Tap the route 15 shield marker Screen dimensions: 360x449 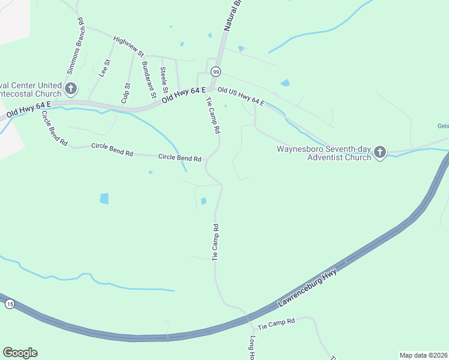[9, 305]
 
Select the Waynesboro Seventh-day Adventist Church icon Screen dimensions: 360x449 [379, 152]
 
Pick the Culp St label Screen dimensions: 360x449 [125, 93]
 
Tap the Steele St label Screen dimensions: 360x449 [164, 79]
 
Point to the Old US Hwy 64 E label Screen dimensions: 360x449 [241, 95]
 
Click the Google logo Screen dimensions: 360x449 [20, 353]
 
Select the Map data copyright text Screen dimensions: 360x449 [423, 355]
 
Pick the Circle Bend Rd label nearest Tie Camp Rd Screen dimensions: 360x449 [179, 158]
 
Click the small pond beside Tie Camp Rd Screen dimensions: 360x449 [203, 201]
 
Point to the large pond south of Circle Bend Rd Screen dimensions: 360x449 [104, 199]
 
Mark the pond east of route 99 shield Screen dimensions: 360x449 [285, 83]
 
